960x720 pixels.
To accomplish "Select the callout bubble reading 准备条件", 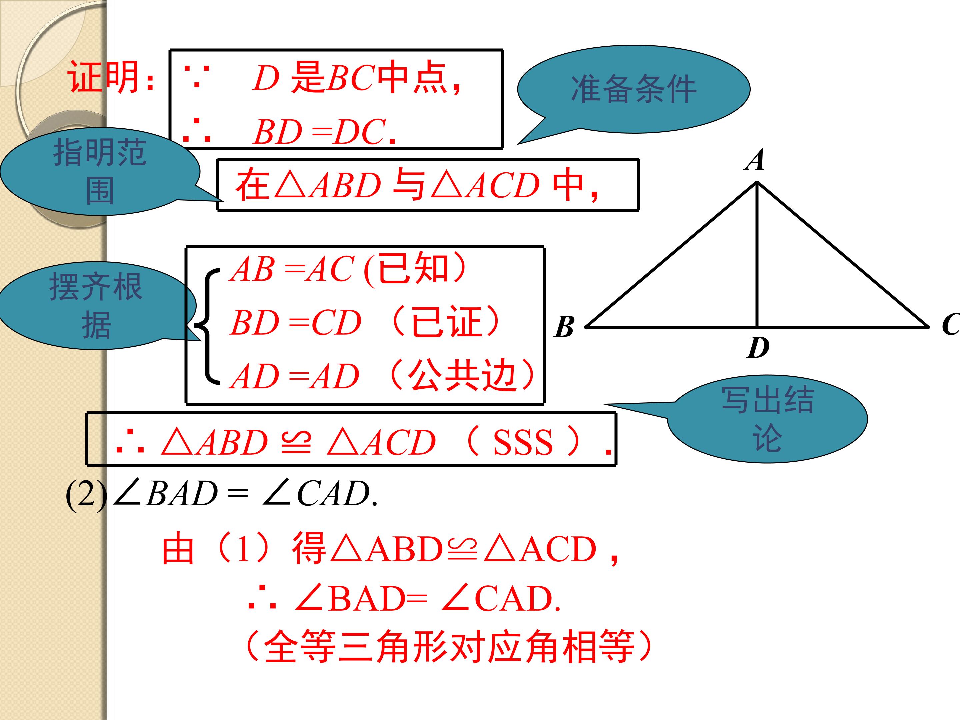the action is point(634,89).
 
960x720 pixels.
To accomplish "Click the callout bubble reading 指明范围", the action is point(100,171).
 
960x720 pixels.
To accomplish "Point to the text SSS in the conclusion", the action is point(523,443).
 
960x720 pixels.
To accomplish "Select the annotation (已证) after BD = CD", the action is point(445,322).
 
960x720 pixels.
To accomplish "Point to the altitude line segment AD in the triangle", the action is point(757,255).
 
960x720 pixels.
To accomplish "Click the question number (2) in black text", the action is point(86,494).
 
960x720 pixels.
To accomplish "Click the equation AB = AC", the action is point(293,269).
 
